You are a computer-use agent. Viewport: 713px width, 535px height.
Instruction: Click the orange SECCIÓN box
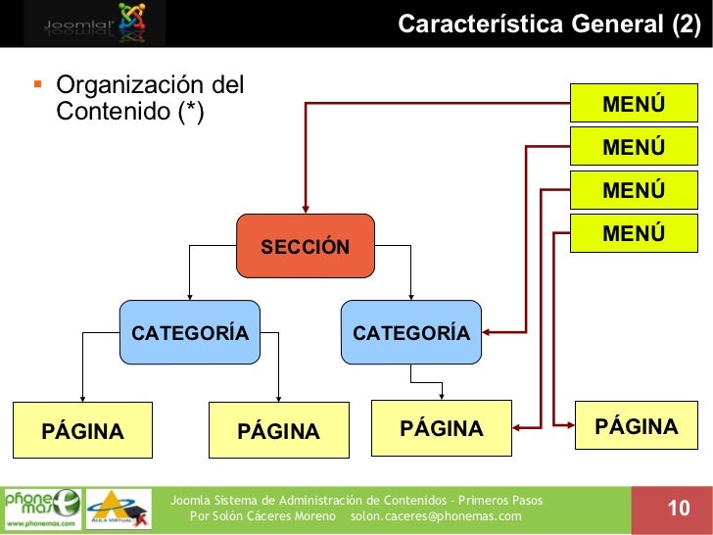[x=305, y=245]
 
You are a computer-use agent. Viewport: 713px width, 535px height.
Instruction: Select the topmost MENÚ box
[x=634, y=105]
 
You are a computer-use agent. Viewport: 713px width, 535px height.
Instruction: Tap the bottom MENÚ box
[x=634, y=234]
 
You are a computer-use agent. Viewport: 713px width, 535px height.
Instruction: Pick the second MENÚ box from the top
[x=634, y=148]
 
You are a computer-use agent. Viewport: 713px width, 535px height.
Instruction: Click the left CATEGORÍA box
[x=190, y=333]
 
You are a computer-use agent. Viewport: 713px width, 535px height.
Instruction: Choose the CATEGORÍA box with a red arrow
[x=410, y=333]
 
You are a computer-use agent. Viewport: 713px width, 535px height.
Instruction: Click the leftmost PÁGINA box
[x=82, y=431]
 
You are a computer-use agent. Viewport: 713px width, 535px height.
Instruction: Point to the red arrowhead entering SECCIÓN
[x=306, y=208]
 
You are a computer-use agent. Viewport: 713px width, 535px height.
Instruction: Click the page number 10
[x=678, y=508]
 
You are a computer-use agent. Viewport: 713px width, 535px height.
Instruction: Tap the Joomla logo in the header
[x=93, y=23]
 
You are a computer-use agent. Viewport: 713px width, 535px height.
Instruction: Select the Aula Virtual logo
[x=119, y=509]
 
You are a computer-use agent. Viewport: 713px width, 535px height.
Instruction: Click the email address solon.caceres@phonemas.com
[x=436, y=515]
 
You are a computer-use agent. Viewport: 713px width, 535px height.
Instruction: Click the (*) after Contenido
[x=185, y=113]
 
